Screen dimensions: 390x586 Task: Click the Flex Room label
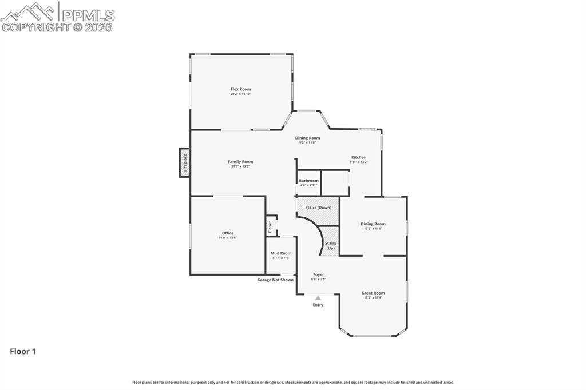click(x=240, y=89)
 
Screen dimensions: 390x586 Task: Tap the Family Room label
click(x=240, y=162)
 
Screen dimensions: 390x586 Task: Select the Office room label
click(x=228, y=233)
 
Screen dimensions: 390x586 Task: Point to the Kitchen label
click(x=358, y=157)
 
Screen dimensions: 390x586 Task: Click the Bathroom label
click(x=308, y=181)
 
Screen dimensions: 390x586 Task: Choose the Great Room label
click(x=373, y=293)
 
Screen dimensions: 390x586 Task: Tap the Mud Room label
click(x=281, y=253)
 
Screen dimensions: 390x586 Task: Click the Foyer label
click(x=318, y=274)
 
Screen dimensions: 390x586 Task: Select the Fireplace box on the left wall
click(x=184, y=163)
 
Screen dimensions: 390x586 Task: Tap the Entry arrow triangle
click(x=318, y=297)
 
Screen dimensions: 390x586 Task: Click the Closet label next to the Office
click(x=270, y=227)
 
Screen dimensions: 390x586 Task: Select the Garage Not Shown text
click(x=275, y=280)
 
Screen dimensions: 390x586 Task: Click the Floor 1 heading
click(x=23, y=352)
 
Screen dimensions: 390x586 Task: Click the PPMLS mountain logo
click(x=29, y=11)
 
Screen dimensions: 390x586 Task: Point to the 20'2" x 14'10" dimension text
click(x=240, y=94)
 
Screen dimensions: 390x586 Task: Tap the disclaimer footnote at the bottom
click(x=293, y=382)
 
